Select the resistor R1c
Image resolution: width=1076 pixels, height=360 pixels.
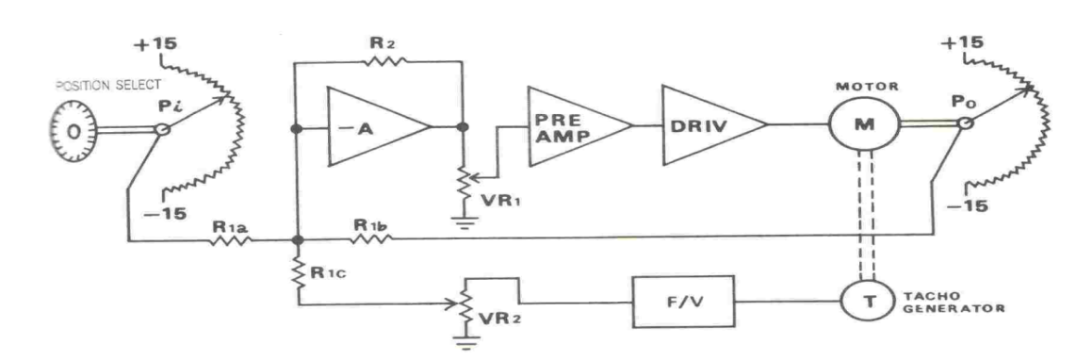[x=299, y=274]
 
